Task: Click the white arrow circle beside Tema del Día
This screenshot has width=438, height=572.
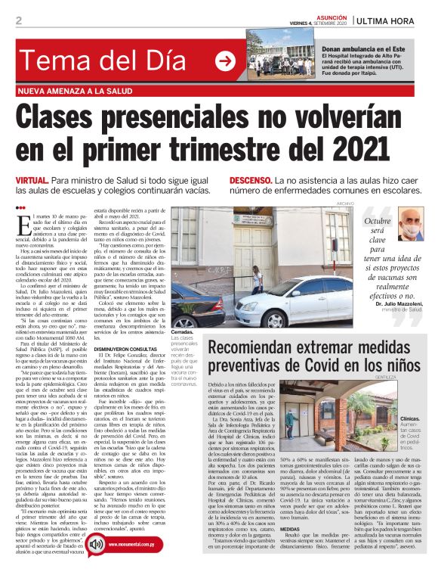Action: (x=224, y=61)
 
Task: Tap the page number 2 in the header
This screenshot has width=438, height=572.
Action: (x=18, y=20)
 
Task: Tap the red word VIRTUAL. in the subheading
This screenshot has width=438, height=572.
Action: (x=33, y=181)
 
